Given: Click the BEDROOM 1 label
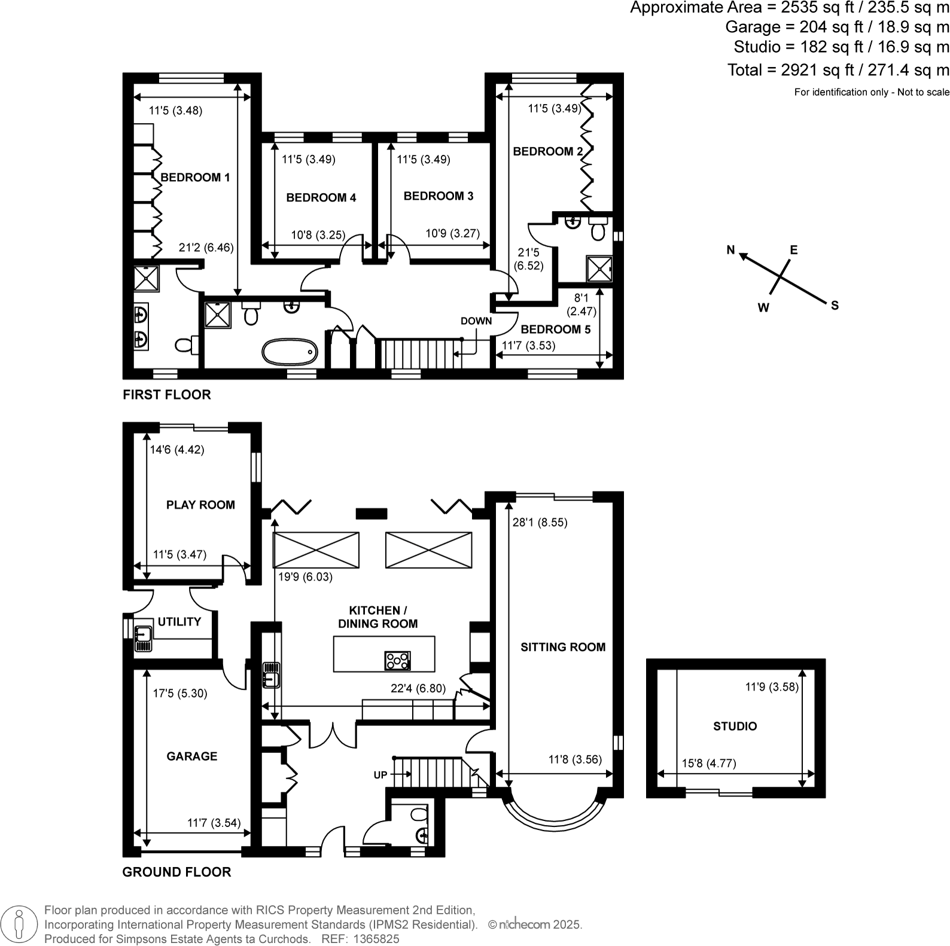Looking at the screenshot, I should click(195, 178).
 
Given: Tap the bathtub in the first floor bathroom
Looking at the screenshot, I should click(290, 352).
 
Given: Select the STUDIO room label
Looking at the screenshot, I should click(735, 726).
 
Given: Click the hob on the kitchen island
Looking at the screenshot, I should click(398, 660).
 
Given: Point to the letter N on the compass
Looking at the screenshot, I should click(730, 250).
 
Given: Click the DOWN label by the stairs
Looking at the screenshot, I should click(476, 321).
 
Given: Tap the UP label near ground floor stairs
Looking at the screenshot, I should click(380, 775).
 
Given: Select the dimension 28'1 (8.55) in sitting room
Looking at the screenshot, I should click(540, 522).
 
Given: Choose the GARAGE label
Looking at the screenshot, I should click(191, 756).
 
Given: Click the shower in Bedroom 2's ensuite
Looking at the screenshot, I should click(599, 268).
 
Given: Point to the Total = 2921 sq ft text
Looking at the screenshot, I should click(838, 70).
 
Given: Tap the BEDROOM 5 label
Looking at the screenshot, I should click(555, 329).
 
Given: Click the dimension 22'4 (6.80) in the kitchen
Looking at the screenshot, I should click(418, 688).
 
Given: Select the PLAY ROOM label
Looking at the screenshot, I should click(200, 505).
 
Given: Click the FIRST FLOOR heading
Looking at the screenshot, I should click(166, 395).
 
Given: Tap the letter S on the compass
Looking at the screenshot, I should click(835, 306).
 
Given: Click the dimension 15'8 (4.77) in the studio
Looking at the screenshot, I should click(709, 763).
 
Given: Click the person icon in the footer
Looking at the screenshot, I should click(20, 924).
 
